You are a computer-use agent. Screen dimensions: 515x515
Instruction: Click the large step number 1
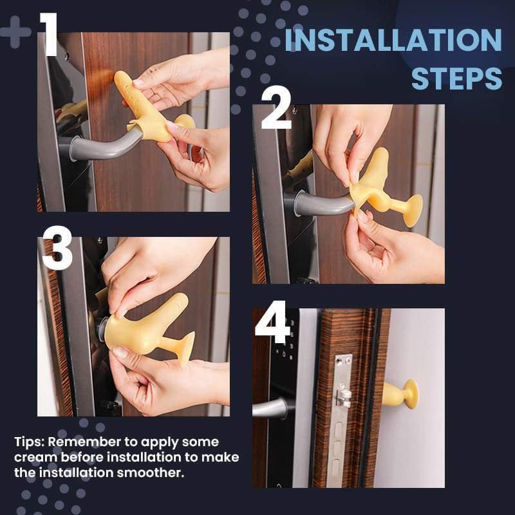[x=50, y=34]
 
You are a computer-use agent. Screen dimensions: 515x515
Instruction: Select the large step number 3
[x=57, y=248]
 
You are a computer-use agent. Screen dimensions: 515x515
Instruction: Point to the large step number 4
[x=272, y=321]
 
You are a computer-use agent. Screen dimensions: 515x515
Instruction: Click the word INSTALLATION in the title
[x=393, y=40]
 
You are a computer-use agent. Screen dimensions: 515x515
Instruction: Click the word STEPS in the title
[x=457, y=79]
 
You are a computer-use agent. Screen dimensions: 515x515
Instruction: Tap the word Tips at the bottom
[x=29, y=442]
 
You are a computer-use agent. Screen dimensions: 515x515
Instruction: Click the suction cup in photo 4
[x=411, y=394]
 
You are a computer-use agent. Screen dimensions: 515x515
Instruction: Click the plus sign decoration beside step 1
[x=15, y=32]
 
